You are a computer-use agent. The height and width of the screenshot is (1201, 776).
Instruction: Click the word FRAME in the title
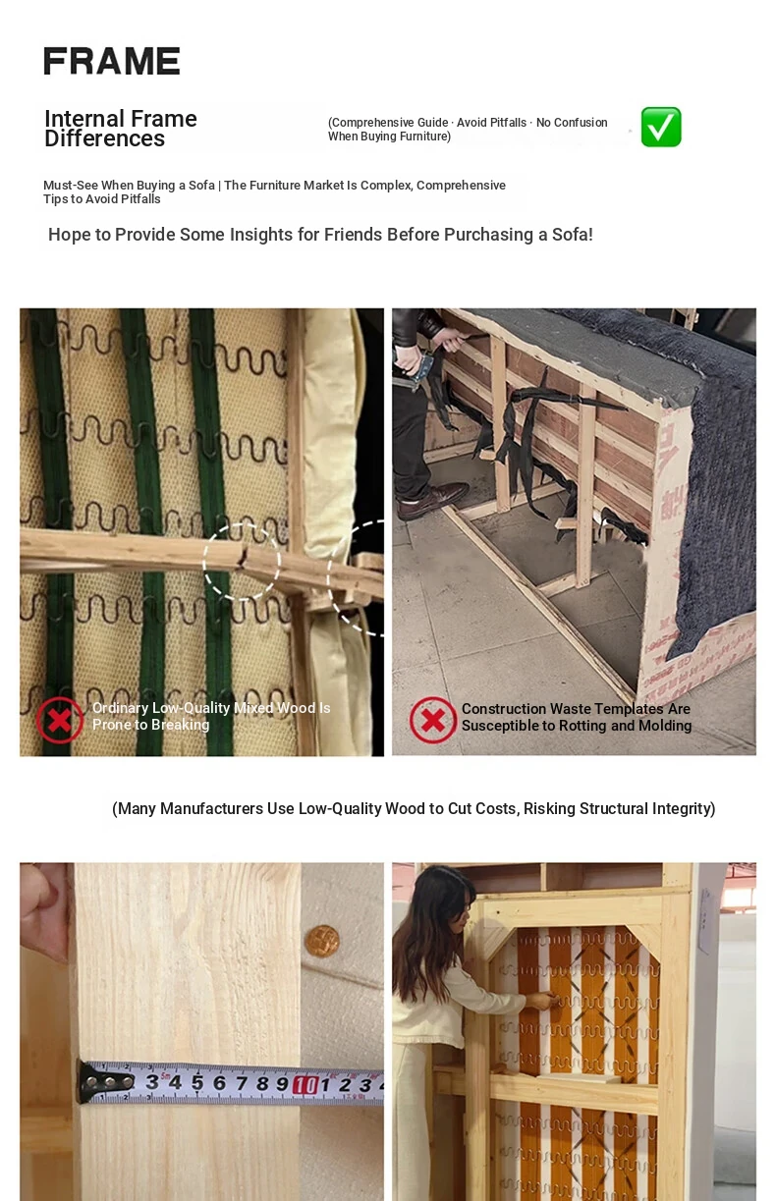112,61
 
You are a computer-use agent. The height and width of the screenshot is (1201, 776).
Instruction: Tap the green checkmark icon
661,127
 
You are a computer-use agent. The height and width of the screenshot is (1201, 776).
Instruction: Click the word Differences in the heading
104,138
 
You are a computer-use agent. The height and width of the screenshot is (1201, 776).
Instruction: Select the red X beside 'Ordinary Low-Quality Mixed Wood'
60,720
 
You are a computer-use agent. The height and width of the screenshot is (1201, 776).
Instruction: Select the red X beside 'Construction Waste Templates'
433,720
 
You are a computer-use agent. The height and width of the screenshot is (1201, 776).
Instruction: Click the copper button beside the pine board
322,941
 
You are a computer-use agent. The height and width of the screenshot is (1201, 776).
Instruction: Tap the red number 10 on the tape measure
305,1085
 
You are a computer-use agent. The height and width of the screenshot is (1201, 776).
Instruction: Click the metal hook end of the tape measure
104,1082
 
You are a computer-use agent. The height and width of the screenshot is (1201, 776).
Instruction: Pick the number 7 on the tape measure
241,1083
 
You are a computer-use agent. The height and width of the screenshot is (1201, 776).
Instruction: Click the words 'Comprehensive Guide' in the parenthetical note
390,123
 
